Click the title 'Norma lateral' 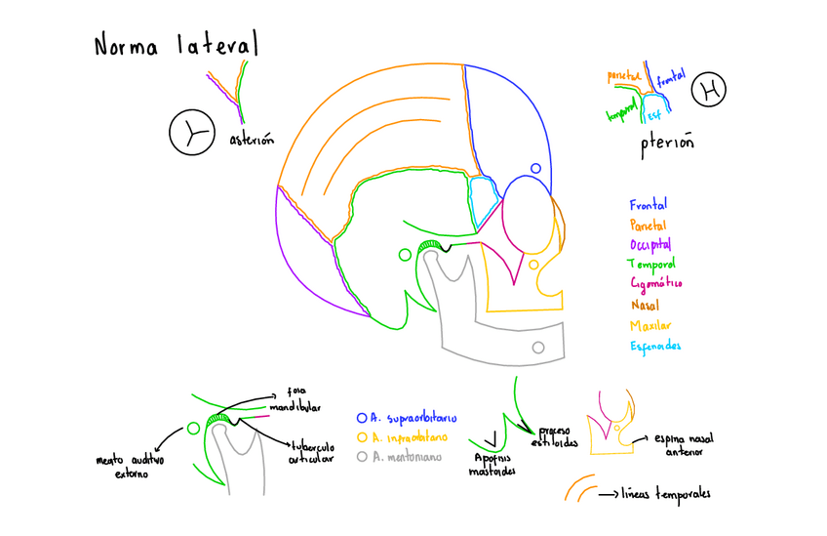coord(176,45)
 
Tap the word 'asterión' coord(251,139)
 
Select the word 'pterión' coord(667,144)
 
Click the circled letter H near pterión coord(710,92)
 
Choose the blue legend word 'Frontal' coord(649,205)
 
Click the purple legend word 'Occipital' coord(651,244)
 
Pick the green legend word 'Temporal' coord(652,264)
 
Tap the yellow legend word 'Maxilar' coord(650,325)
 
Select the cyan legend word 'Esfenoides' coord(655,347)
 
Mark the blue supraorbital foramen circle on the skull coord(533,168)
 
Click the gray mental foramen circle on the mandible coord(537,348)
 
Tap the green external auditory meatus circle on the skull coord(405,255)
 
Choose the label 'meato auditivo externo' coord(130,466)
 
